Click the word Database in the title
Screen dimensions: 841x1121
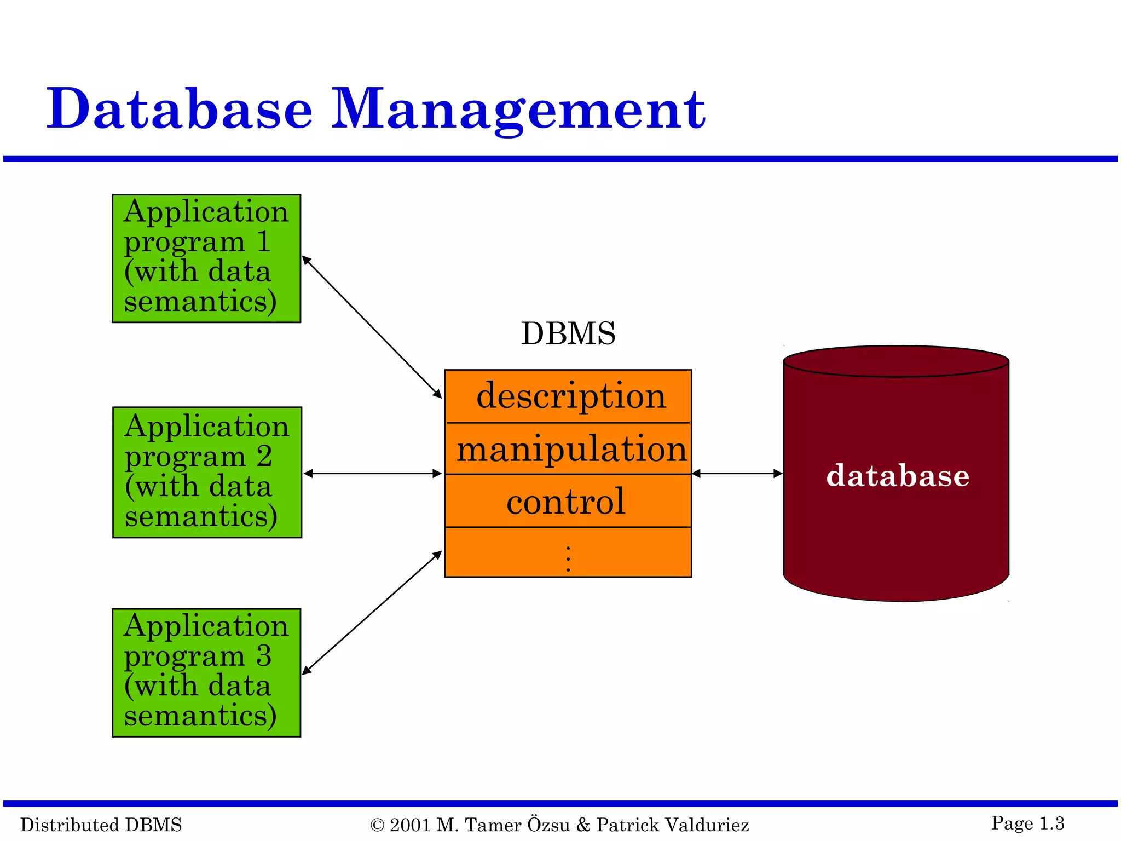pos(180,110)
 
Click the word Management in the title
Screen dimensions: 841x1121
pos(518,110)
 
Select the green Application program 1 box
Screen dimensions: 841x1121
pos(206,258)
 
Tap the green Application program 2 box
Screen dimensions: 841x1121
pos(207,472)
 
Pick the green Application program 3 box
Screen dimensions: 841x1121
pos(206,672)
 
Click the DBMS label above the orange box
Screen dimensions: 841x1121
pos(568,333)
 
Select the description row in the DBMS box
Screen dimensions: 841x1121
pos(570,396)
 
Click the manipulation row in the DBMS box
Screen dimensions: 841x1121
pos(570,449)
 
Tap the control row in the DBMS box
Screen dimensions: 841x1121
pos(565,501)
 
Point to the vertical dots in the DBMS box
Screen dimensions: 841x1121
pos(568,559)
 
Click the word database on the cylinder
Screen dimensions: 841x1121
pos(898,475)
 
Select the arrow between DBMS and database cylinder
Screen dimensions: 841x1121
pos(737,474)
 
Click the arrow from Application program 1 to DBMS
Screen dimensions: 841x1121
pos(372,327)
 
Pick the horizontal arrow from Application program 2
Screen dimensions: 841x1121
pos(372,474)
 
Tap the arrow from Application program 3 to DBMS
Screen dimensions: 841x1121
pos(372,612)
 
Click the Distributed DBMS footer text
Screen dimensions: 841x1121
pos(101,825)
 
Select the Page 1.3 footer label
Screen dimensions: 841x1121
pos(1027,823)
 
